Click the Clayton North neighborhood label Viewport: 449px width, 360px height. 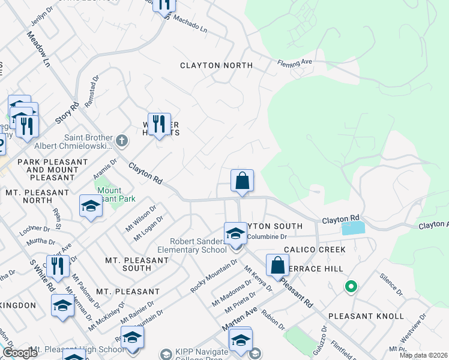point(217,65)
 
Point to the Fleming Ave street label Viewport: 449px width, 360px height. point(295,62)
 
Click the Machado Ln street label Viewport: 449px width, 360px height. point(190,24)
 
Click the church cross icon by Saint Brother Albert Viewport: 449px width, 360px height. point(121,141)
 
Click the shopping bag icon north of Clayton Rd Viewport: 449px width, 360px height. point(242,181)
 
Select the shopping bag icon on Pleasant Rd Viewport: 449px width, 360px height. point(277,265)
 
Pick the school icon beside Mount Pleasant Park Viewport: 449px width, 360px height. point(91,206)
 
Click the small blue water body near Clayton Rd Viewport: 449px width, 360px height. point(352,228)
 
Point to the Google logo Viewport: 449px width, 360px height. point(20,353)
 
